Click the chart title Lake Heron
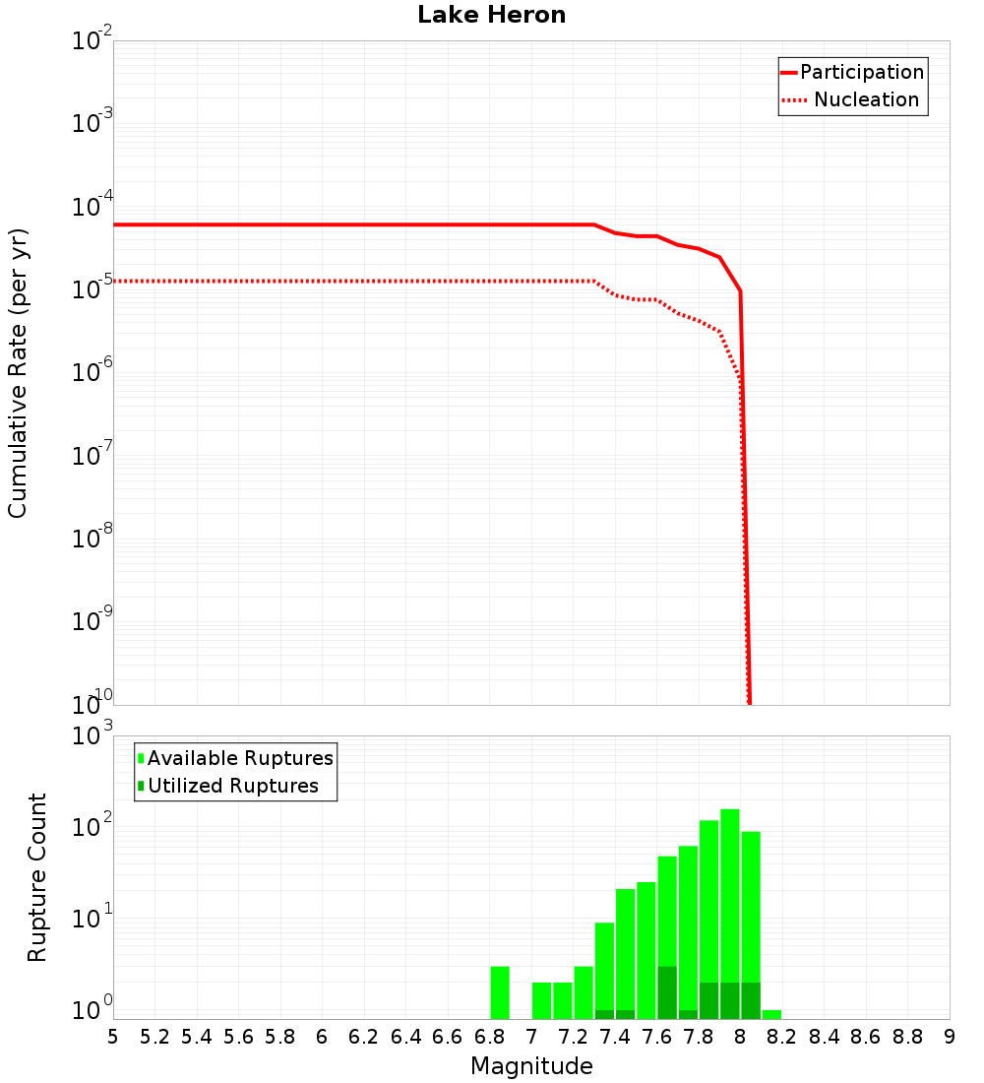(491, 15)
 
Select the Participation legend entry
(852, 72)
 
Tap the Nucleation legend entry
(852, 99)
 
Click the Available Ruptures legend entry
(235, 758)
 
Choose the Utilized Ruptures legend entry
(227, 786)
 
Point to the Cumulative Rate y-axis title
(18, 372)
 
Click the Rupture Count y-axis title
(37, 876)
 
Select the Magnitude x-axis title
(531, 1066)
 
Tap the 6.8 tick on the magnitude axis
(489, 1037)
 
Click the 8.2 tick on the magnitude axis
(782, 1037)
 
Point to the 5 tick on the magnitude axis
(113, 1037)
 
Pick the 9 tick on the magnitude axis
(950, 1037)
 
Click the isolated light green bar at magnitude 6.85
(500, 992)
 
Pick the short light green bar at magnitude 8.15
(771, 1014)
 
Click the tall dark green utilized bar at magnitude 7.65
(667, 992)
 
